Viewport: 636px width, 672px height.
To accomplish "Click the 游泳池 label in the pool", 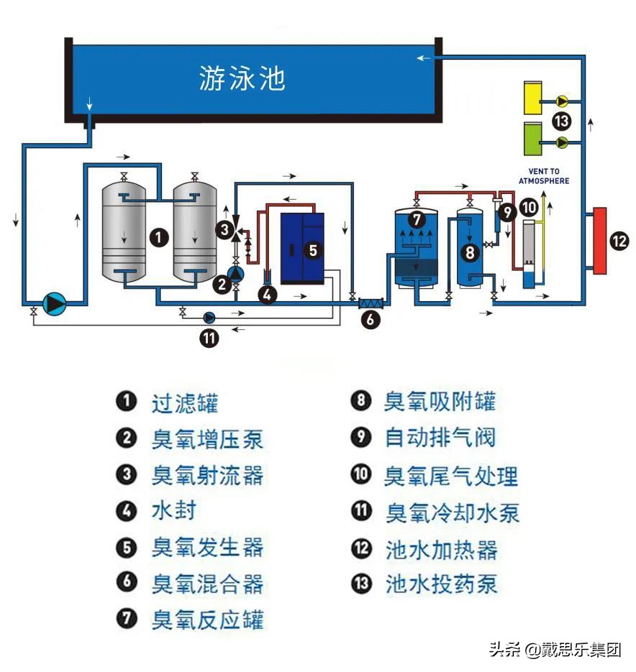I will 242,78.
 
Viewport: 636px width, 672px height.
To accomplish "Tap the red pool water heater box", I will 599,241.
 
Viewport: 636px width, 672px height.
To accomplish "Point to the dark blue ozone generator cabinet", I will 302,249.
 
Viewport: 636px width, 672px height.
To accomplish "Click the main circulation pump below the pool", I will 54,304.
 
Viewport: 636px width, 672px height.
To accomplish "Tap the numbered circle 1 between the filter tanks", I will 160,237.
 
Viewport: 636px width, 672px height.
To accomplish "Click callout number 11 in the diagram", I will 209,338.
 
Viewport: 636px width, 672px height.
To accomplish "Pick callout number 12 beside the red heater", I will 619,241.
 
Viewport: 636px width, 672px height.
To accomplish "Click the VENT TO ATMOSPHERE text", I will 544,176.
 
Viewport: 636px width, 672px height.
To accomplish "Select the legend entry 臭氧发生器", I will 207,548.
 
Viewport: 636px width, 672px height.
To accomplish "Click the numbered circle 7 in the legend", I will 127,619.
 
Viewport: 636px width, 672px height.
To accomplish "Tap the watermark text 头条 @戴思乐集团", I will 554,650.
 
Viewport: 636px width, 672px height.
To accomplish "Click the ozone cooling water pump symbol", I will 209,317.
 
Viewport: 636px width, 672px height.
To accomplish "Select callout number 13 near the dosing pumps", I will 562,120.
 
